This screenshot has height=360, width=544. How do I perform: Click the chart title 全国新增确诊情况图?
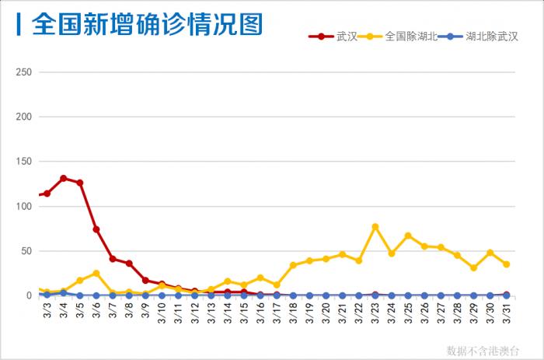coord(147,25)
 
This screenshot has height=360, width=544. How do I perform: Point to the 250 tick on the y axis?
coord(23,72)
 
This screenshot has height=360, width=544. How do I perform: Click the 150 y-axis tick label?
coord(23,162)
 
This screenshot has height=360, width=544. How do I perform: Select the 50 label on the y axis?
coord(26,251)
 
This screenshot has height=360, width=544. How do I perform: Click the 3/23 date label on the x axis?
coord(375,312)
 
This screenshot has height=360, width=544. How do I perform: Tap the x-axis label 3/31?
coord(507,312)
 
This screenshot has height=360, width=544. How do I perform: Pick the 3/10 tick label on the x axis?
coord(162,312)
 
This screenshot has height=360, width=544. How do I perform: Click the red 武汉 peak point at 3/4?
coord(64,178)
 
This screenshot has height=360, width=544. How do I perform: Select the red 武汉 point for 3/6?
coord(96,229)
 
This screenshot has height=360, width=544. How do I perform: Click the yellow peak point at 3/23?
coord(375,227)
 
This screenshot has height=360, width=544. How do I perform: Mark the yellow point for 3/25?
coord(408,236)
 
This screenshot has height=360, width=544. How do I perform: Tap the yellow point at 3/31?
coord(507,264)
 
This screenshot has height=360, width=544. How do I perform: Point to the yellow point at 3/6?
coord(96,273)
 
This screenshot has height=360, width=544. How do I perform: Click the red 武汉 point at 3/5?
coord(80,183)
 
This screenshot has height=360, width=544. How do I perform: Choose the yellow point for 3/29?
coord(473,267)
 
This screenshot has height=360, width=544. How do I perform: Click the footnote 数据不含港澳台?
coord(483,351)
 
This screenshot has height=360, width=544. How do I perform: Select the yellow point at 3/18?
coord(293,265)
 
